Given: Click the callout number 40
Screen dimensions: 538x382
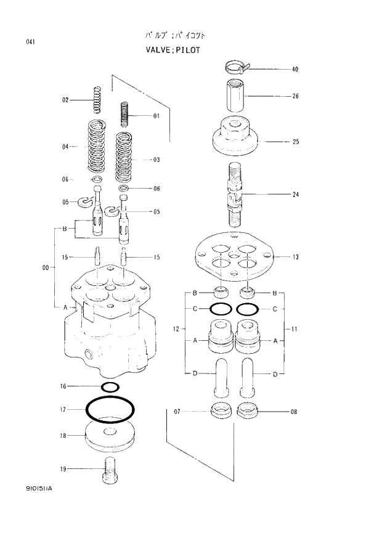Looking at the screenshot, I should [295, 69].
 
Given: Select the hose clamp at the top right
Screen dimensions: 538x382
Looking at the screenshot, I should [237, 65].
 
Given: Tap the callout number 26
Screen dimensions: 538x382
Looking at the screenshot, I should [295, 96].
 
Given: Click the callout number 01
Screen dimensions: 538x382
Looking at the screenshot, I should [156, 115].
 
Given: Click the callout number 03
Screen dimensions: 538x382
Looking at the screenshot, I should [156, 160].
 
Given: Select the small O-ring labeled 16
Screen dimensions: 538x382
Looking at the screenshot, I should [109, 387].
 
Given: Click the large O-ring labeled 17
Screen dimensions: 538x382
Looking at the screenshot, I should [110, 409].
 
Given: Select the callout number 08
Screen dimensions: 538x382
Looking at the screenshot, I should [294, 411].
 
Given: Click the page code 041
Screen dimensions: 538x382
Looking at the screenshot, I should [30, 41].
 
